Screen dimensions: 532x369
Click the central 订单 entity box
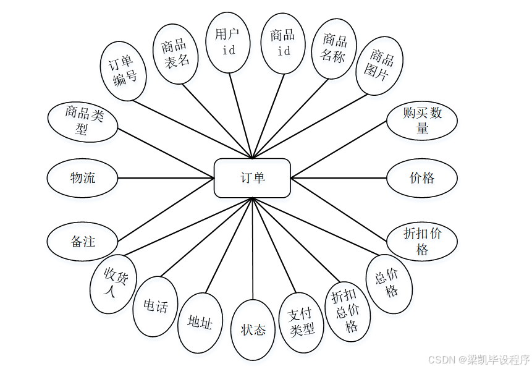(252, 178)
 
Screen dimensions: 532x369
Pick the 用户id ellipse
(228, 41)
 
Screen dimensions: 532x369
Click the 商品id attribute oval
(283, 43)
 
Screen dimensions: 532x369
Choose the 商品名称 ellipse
(334, 48)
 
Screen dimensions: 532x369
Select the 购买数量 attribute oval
(422, 121)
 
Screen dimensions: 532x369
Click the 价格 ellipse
(422, 178)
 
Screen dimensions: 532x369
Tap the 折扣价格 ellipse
(422, 241)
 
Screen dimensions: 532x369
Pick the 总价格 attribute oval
(389, 284)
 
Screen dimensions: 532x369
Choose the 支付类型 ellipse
(302, 323)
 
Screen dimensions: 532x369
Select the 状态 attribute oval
(253, 329)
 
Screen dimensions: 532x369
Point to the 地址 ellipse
(200, 323)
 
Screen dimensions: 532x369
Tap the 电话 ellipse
(155, 306)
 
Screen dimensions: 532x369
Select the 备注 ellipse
(82, 241)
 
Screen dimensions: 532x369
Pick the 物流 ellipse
(82, 178)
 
